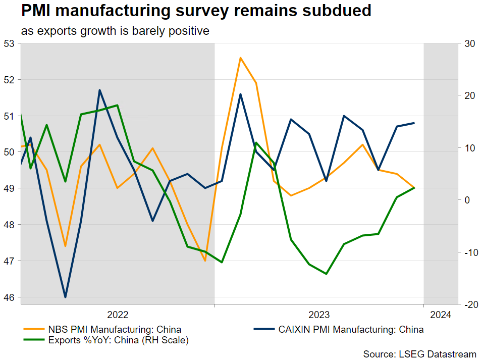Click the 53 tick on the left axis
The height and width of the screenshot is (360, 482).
point(10,43)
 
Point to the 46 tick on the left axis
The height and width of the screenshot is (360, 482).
point(10,297)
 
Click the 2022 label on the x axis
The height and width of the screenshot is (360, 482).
point(118,315)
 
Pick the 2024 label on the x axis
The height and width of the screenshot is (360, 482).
point(441,315)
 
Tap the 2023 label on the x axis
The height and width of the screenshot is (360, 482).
point(319,315)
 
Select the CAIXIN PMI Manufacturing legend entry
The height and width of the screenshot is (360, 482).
point(351,330)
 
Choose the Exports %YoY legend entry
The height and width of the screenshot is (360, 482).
point(118,341)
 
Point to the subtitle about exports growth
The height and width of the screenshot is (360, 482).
point(115,31)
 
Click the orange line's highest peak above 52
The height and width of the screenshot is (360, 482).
point(240,58)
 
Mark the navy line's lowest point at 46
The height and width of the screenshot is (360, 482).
point(65,297)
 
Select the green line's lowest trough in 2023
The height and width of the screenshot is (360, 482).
point(327,274)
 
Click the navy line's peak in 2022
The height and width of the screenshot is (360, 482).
point(100,90)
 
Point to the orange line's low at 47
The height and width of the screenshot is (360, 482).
point(205,261)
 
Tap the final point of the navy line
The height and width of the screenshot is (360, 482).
point(414,123)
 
